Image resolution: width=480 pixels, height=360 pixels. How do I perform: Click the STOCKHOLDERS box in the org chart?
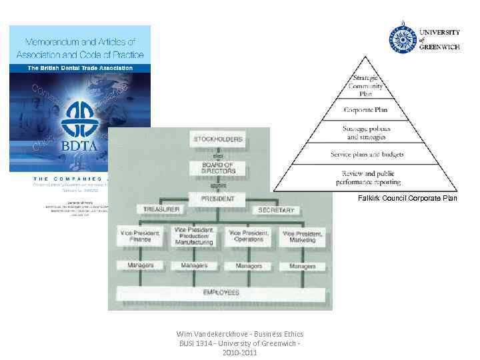[217, 139]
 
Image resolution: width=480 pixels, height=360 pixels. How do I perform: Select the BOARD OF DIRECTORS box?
[217, 168]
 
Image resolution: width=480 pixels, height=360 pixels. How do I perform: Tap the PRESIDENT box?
[217, 198]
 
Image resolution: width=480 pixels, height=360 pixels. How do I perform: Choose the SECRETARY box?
[275, 210]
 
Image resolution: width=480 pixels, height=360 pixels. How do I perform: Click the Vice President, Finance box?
[140, 236]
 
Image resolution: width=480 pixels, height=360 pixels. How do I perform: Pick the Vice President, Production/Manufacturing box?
[194, 237]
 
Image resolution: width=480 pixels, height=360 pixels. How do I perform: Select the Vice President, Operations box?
[248, 236]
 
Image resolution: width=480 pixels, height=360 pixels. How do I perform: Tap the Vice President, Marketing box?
[302, 236]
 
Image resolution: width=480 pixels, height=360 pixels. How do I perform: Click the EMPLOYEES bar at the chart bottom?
[221, 293]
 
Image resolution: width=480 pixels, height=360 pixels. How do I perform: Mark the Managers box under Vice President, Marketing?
[302, 265]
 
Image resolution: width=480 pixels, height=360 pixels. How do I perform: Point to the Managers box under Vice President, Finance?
[140, 265]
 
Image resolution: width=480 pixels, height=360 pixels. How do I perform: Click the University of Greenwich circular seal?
[402, 39]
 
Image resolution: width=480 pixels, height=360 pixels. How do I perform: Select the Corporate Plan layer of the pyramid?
[365, 109]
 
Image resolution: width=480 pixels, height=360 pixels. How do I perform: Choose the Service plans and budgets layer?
[367, 154]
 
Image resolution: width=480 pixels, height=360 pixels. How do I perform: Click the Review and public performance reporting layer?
[367, 177]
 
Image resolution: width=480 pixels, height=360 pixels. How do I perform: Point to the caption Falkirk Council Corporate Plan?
[407, 198]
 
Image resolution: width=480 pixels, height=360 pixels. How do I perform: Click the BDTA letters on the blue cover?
[79, 145]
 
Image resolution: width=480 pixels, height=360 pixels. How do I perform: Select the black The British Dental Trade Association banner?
[80, 67]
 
